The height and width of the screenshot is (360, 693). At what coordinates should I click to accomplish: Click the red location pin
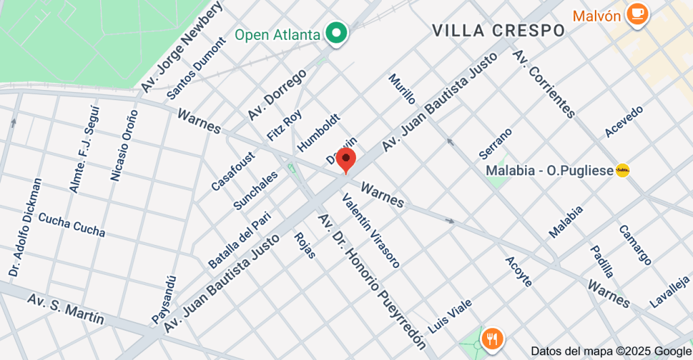[x=346, y=160]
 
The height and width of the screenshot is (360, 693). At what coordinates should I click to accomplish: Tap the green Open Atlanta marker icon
[x=336, y=32]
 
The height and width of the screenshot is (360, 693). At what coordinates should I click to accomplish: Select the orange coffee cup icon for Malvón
[x=636, y=14]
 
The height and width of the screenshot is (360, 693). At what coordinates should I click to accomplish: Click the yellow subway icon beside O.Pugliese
[x=623, y=171]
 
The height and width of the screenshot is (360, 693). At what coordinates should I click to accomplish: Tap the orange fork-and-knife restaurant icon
[x=492, y=338]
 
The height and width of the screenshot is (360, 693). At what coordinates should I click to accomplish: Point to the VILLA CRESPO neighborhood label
[x=498, y=30]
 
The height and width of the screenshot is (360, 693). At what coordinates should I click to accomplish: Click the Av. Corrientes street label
[x=544, y=83]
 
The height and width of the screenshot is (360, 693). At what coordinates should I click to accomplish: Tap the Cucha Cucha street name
[x=72, y=225]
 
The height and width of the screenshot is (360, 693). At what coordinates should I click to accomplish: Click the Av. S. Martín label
[x=66, y=309]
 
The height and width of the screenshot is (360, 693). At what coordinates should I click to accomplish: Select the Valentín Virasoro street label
[x=370, y=230]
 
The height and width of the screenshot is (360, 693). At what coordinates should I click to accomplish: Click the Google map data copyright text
[x=610, y=351]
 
